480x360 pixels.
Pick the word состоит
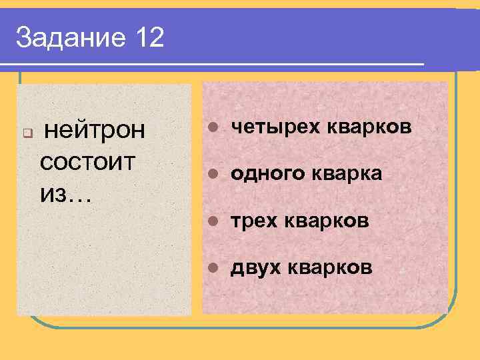[x=87, y=161]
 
